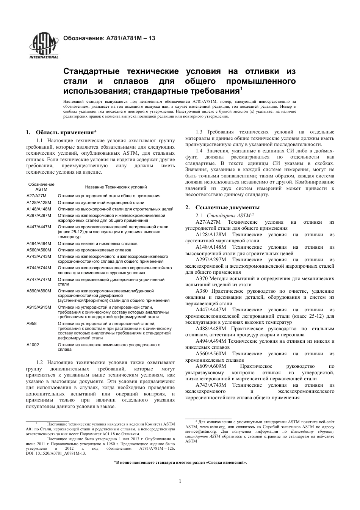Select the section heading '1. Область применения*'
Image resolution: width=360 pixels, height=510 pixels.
point(61,133)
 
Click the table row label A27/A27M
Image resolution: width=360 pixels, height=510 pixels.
point(36,196)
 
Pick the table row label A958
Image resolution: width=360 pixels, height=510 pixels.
point(31,323)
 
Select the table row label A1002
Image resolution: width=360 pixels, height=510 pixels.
point(33,345)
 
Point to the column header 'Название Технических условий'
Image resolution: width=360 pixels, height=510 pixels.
point(116,187)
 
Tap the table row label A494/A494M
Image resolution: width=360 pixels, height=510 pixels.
point(39,243)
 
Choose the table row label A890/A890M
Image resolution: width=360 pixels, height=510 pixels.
point(39,291)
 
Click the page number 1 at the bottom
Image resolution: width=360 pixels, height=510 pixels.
point(180,481)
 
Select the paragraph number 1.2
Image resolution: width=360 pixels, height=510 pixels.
point(40,362)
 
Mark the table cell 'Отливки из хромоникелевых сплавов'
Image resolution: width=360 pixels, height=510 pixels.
point(94,250)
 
